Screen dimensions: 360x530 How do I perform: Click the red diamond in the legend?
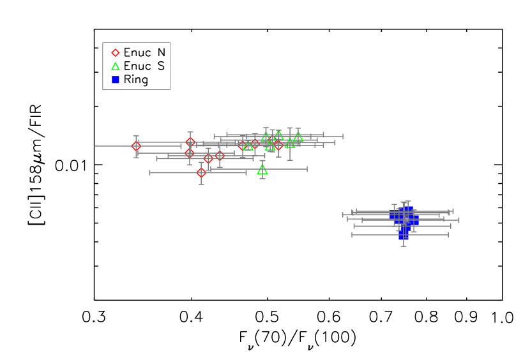(x=116, y=53)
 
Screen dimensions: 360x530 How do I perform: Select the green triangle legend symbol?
(x=116, y=66)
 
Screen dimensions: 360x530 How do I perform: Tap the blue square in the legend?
(x=116, y=80)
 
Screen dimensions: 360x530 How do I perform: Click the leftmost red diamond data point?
(x=136, y=146)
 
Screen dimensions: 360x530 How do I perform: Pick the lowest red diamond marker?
(x=201, y=172)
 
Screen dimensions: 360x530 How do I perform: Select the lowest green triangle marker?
(x=262, y=170)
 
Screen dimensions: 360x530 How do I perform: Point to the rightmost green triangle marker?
(x=298, y=137)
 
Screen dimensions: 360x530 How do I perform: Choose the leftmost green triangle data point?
(x=248, y=146)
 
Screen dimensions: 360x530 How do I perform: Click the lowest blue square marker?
(x=404, y=235)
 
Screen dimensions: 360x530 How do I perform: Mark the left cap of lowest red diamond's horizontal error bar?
(x=150, y=172)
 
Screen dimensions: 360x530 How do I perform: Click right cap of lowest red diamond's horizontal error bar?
(x=246, y=172)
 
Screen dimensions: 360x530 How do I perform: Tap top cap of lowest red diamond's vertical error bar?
(x=201, y=162)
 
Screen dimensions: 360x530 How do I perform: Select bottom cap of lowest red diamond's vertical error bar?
(x=201, y=184)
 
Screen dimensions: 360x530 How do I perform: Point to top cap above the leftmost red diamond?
(x=136, y=136)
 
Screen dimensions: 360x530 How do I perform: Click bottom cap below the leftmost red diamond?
(x=136, y=157)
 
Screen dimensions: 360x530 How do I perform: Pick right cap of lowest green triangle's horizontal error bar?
(x=307, y=169)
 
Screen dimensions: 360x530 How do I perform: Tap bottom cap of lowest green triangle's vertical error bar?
(x=262, y=179)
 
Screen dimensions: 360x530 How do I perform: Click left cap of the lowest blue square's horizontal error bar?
(x=352, y=235)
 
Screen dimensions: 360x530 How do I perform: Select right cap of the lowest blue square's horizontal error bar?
(x=448, y=235)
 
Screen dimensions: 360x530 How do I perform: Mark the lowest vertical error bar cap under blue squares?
(x=404, y=246)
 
